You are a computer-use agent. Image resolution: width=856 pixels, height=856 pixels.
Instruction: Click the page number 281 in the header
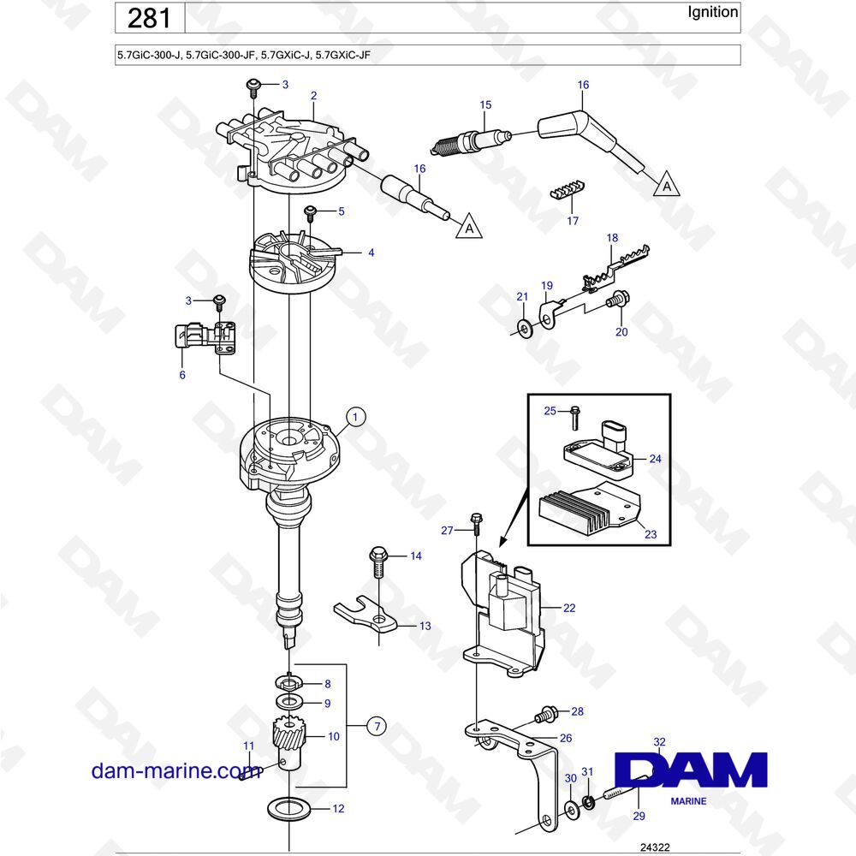click(149, 18)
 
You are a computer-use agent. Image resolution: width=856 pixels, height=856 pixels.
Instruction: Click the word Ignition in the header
click(713, 12)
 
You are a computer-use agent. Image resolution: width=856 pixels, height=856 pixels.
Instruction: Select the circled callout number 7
click(374, 726)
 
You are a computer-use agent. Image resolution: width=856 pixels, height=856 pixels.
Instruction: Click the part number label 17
click(573, 221)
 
